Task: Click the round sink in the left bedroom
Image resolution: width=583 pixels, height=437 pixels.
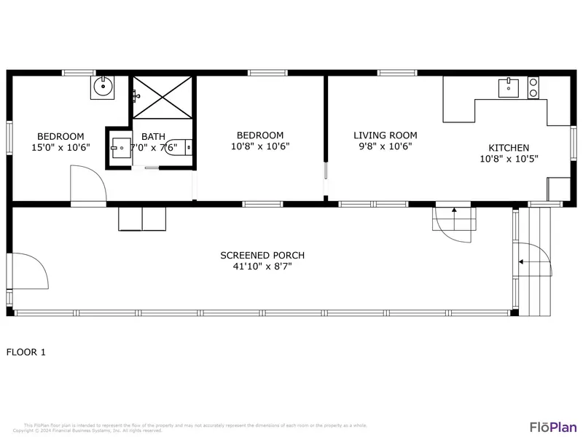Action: pos(103,89)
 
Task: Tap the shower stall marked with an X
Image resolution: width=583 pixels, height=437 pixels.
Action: pos(164,96)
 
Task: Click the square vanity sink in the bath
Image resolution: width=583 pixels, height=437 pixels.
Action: pos(120,148)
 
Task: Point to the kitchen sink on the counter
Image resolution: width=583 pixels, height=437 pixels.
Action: pos(509,89)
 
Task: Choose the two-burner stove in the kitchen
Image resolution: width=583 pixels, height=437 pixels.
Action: pos(533,87)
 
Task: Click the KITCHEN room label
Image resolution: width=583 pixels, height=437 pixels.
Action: pos(509,148)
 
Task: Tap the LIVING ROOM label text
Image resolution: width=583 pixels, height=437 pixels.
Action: pos(385,135)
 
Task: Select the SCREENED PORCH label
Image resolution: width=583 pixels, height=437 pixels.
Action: pos(262,255)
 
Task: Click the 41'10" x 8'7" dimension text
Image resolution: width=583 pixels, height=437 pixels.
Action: pos(262,267)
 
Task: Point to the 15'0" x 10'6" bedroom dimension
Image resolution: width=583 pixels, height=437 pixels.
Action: pos(60,147)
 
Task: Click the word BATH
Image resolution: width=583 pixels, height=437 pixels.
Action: pos(153,136)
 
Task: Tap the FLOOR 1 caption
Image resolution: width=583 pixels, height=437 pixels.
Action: pos(26,353)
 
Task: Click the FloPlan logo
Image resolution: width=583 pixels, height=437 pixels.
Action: pos(552,427)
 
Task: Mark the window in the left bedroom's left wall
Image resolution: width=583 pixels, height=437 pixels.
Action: pos(9,138)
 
